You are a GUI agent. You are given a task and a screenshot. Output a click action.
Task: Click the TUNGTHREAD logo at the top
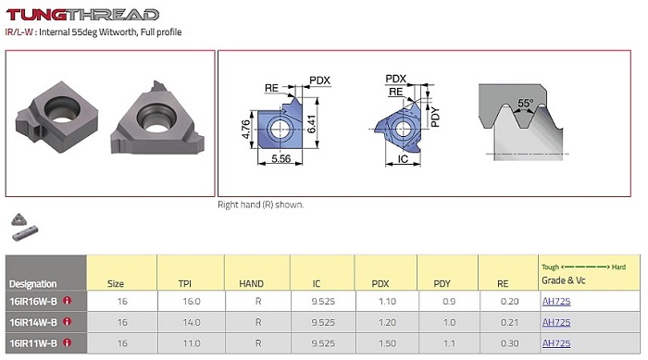tap(82, 15)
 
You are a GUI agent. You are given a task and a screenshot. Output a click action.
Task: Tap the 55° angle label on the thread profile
tap(525, 103)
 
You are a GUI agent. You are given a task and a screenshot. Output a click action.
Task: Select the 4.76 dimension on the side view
tap(246, 129)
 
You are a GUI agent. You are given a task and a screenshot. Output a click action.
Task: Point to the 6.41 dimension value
tap(312, 124)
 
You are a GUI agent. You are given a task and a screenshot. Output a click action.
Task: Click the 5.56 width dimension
tap(281, 158)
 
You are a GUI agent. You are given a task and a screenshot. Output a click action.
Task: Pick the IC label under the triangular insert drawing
tap(403, 159)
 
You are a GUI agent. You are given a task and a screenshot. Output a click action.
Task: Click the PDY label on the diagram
tap(435, 117)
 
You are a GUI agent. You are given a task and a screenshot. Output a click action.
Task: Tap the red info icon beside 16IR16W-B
tap(67, 301)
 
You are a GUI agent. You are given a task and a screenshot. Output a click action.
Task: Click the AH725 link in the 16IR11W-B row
tap(556, 343)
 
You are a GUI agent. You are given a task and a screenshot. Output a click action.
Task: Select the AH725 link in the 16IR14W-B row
tap(556, 322)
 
